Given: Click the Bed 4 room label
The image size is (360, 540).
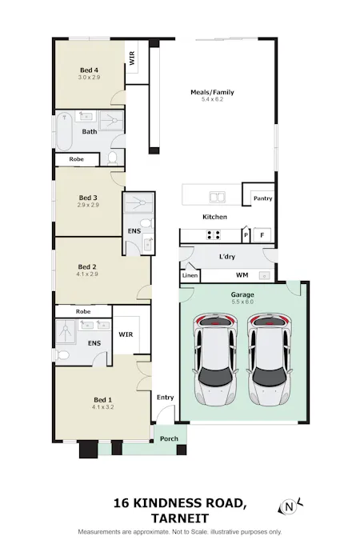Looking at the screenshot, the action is [89, 70].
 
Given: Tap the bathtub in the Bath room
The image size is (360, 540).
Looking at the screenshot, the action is [65, 131].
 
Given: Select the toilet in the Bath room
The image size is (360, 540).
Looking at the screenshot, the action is [112, 158].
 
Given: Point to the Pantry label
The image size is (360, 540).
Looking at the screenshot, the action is [263, 198].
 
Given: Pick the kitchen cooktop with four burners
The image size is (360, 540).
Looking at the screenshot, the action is [214, 235].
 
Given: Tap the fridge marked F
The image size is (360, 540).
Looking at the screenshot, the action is [262, 235].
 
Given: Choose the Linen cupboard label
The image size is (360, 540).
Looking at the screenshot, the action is [190, 275].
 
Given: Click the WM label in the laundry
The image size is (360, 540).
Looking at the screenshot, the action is [242, 275].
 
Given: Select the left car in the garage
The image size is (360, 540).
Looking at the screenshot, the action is [216, 359].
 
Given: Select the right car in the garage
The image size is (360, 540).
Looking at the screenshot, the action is [269, 359].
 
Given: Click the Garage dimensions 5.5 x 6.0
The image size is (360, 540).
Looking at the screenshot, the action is [242, 302].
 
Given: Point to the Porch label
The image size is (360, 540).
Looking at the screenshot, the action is [169, 438].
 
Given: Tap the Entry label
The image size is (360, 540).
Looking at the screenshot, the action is [166, 398].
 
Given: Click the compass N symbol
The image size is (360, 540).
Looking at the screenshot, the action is [290, 507].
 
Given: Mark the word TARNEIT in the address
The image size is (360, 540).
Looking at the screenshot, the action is [180, 518].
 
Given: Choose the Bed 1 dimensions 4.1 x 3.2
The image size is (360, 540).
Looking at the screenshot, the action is [102, 407].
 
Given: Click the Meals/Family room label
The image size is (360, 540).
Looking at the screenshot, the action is [212, 92].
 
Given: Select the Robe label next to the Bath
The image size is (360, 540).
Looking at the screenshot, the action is [77, 159].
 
